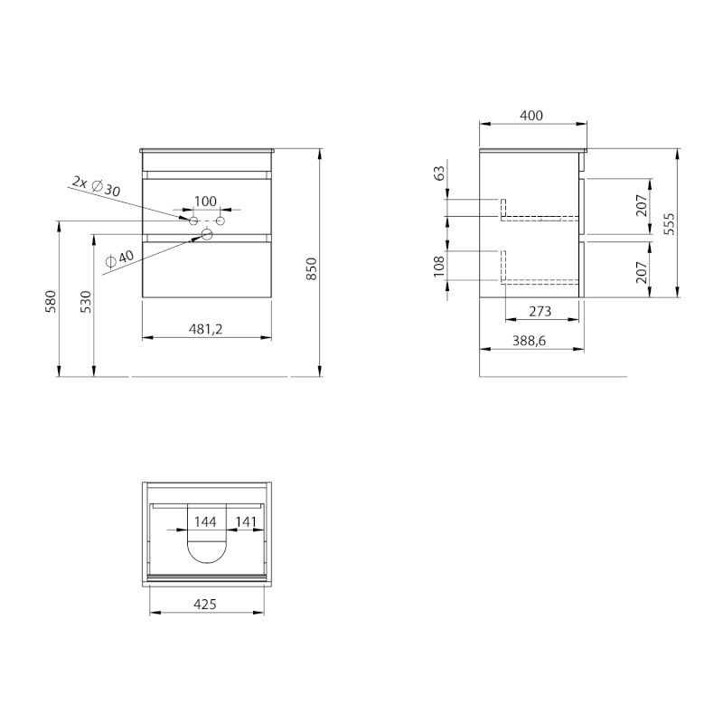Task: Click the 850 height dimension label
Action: [312, 268]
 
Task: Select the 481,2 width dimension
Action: [206, 329]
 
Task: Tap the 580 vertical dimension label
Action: [51, 302]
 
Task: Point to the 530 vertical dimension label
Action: [86, 302]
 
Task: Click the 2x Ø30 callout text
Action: [97, 186]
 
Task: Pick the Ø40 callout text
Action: [119, 258]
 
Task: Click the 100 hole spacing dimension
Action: [205, 201]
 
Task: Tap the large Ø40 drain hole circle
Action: [207, 235]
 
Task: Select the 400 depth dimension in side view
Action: [531, 116]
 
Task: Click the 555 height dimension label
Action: [669, 223]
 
